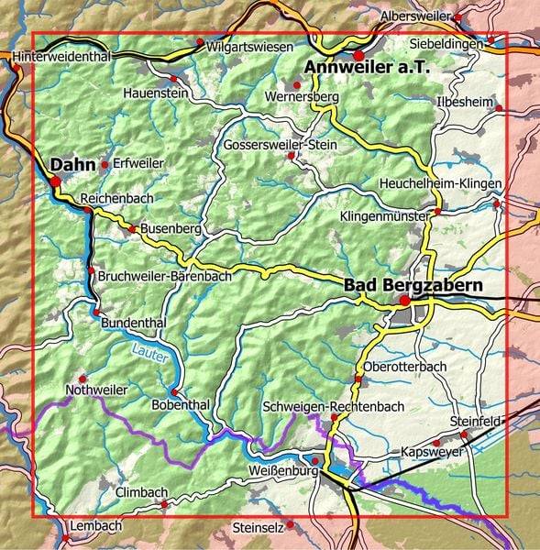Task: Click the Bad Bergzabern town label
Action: pos(413,286)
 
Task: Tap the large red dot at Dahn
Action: pos(55,181)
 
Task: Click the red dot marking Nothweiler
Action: pos(83,378)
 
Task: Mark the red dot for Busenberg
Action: pos(133,229)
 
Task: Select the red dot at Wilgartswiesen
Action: pos(200,41)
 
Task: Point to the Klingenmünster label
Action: pos(385,217)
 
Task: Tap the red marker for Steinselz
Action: pos(290,525)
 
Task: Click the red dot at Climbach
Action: pos(164,503)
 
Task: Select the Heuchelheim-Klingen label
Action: pos(440,184)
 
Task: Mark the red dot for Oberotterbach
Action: pos(358,379)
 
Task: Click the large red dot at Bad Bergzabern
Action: pos(404,300)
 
